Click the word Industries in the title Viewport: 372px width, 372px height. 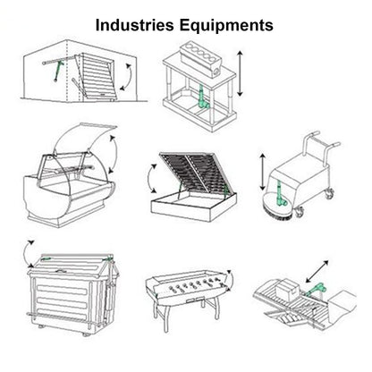(135, 25)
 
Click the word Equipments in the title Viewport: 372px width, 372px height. (226, 26)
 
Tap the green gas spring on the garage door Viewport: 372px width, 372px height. (58, 72)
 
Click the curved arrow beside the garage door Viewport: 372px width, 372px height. (128, 77)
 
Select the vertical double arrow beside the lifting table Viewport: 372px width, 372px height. (241, 73)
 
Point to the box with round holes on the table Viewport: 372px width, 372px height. (201, 59)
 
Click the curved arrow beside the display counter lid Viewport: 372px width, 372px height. (113, 154)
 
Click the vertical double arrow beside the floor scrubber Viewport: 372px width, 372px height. (263, 172)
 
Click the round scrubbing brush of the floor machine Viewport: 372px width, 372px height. (277, 207)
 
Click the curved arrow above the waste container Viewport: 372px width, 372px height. (27, 253)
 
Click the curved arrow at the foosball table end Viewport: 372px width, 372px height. (230, 280)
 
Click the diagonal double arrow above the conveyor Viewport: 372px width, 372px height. (317, 271)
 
